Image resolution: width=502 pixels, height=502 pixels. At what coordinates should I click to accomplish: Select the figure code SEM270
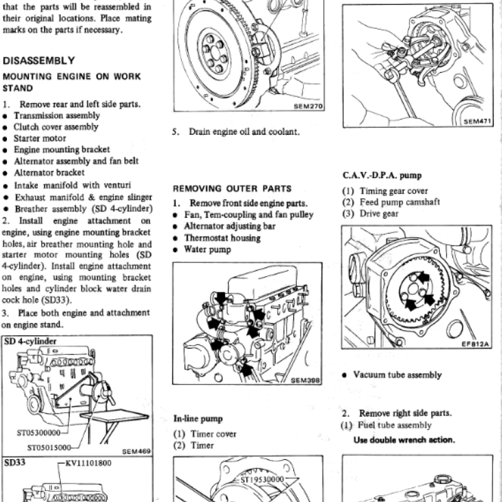pos(307,107)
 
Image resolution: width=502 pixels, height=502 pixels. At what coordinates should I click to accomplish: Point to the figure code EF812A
pos(477,344)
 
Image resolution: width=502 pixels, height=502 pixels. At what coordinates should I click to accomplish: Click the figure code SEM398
pos(306,381)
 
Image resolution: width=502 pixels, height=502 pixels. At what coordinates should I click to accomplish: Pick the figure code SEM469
pos(136,451)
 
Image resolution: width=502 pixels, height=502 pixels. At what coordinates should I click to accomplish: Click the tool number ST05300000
pos(38,433)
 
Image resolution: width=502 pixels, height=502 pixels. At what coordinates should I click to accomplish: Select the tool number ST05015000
pos(49,447)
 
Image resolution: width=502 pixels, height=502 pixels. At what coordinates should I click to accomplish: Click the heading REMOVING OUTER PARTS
pos(232,188)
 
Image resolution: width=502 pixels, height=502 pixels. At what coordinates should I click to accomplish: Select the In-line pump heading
pos(198,419)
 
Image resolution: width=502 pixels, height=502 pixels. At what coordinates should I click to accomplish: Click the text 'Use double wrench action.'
pos(403,439)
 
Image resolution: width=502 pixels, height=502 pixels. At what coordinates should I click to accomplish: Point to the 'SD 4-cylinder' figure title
pos(30,341)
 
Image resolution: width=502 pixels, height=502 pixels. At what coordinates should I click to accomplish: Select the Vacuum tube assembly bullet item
pos(397,375)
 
